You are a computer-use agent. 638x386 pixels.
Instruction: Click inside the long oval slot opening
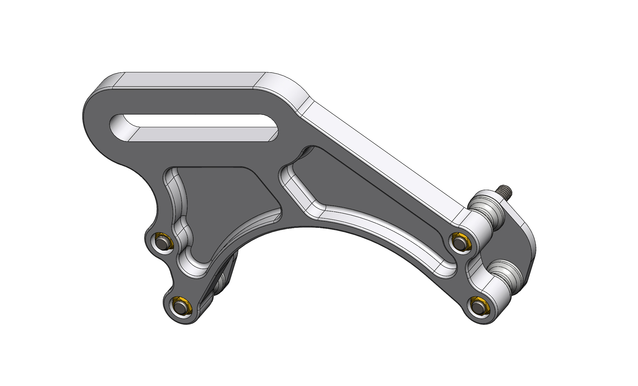(x=196, y=121)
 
